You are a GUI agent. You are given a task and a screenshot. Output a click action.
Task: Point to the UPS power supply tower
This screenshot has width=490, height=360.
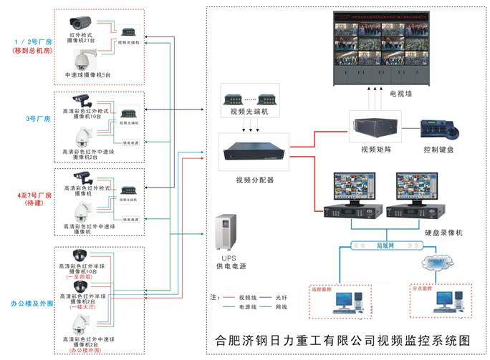[x=227, y=232]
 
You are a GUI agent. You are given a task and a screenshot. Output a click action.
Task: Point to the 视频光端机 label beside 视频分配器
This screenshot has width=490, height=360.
[x=249, y=112]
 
